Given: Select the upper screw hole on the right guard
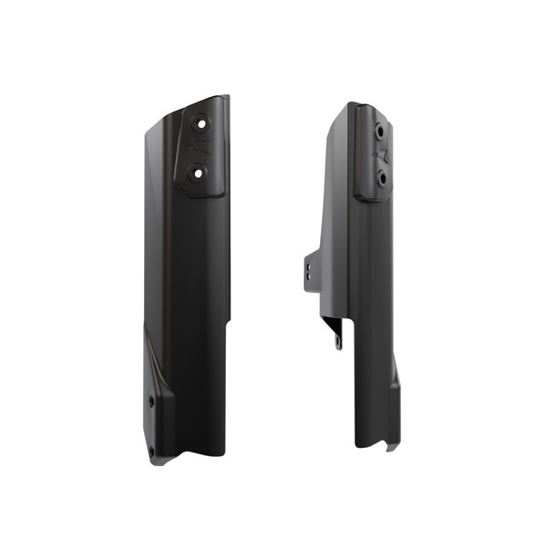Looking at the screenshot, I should point(374,131).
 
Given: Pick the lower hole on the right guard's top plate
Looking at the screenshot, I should point(381,179).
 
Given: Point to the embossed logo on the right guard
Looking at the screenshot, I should point(383,154).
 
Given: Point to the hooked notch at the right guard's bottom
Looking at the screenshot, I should point(391,445).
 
